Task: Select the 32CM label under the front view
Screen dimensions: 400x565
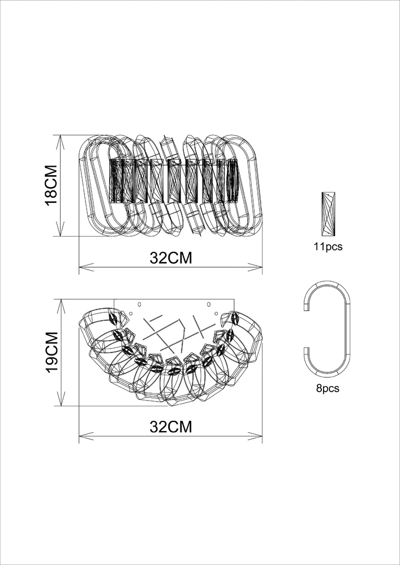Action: tap(171, 258)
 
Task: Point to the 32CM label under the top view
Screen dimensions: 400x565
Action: tap(171, 427)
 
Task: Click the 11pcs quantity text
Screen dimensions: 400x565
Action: tap(328, 247)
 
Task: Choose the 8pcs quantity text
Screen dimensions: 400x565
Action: tap(328, 389)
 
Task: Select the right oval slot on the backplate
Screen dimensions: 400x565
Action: tap(208, 305)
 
